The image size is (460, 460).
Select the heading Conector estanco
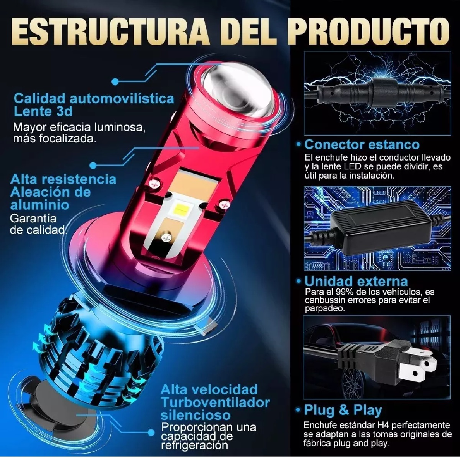tap(362, 145)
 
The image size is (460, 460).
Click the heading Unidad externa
tap(356, 281)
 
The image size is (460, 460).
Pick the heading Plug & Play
tap(343, 410)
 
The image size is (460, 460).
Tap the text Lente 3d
tap(43, 111)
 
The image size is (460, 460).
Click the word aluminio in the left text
tap(40, 204)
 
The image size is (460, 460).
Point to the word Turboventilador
tap(215, 402)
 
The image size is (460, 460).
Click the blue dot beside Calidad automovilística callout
tap(115, 81)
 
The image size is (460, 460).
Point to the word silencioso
tap(195, 415)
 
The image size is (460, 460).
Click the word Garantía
tap(33, 219)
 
